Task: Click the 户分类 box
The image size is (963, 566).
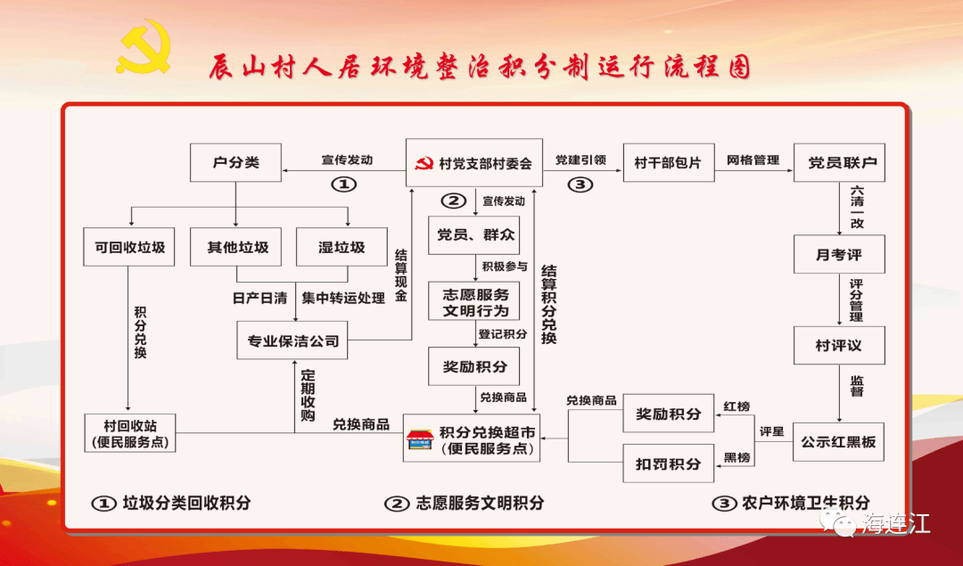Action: pyautogui.click(x=235, y=164)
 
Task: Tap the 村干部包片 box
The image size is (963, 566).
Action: pyautogui.click(x=668, y=163)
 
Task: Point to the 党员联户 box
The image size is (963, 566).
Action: pyautogui.click(x=839, y=163)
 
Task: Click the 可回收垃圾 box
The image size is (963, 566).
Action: pyautogui.click(x=130, y=247)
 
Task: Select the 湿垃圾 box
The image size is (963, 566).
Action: pyautogui.click(x=342, y=247)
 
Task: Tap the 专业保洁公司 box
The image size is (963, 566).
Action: pyautogui.click(x=293, y=341)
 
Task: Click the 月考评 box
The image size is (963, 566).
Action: pyautogui.click(x=839, y=255)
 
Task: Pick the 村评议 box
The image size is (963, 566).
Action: pyautogui.click(x=839, y=345)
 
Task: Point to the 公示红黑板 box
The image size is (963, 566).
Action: pyautogui.click(x=838, y=441)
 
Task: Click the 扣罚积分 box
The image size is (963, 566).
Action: pyautogui.click(x=668, y=463)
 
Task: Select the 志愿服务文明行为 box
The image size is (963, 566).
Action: pyautogui.click(x=474, y=302)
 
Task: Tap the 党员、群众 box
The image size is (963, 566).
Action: pyautogui.click(x=474, y=235)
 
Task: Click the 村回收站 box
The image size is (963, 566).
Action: pyautogui.click(x=129, y=432)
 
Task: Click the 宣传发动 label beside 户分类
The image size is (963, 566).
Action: pyautogui.click(x=347, y=161)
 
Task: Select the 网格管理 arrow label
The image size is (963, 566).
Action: pyautogui.click(x=753, y=161)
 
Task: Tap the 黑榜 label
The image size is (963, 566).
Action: pyautogui.click(x=737, y=457)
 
